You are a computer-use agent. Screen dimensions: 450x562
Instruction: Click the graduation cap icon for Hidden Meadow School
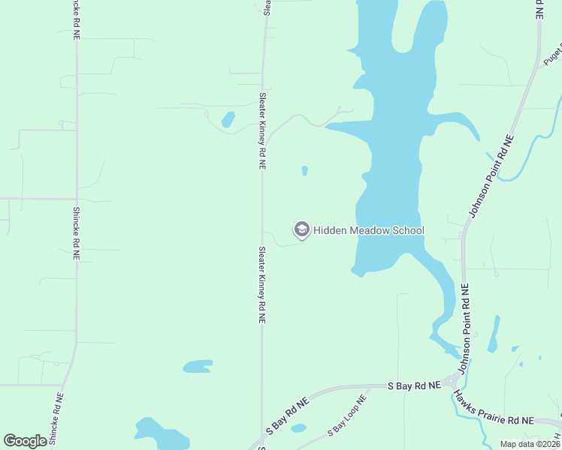pyautogui.click(x=302, y=230)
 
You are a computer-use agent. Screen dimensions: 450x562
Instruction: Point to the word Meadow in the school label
pyautogui.click(x=370, y=231)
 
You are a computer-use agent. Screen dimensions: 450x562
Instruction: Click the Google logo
pyautogui.click(x=25, y=441)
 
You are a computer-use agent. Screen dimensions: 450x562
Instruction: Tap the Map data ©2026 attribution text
pyautogui.click(x=530, y=444)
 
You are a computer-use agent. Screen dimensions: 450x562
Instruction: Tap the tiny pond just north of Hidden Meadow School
pyautogui.click(x=304, y=171)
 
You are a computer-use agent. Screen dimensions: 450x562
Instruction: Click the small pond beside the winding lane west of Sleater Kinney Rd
pyautogui.click(x=228, y=118)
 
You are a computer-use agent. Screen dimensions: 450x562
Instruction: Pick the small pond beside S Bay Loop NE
pyautogui.click(x=298, y=428)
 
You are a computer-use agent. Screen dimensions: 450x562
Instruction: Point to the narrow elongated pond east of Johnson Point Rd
pyautogui.click(x=493, y=334)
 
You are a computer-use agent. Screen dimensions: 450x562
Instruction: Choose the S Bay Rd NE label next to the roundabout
pyautogui.click(x=414, y=385)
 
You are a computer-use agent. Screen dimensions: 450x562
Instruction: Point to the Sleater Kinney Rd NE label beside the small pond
pyautogui.click(x=263, y=130)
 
